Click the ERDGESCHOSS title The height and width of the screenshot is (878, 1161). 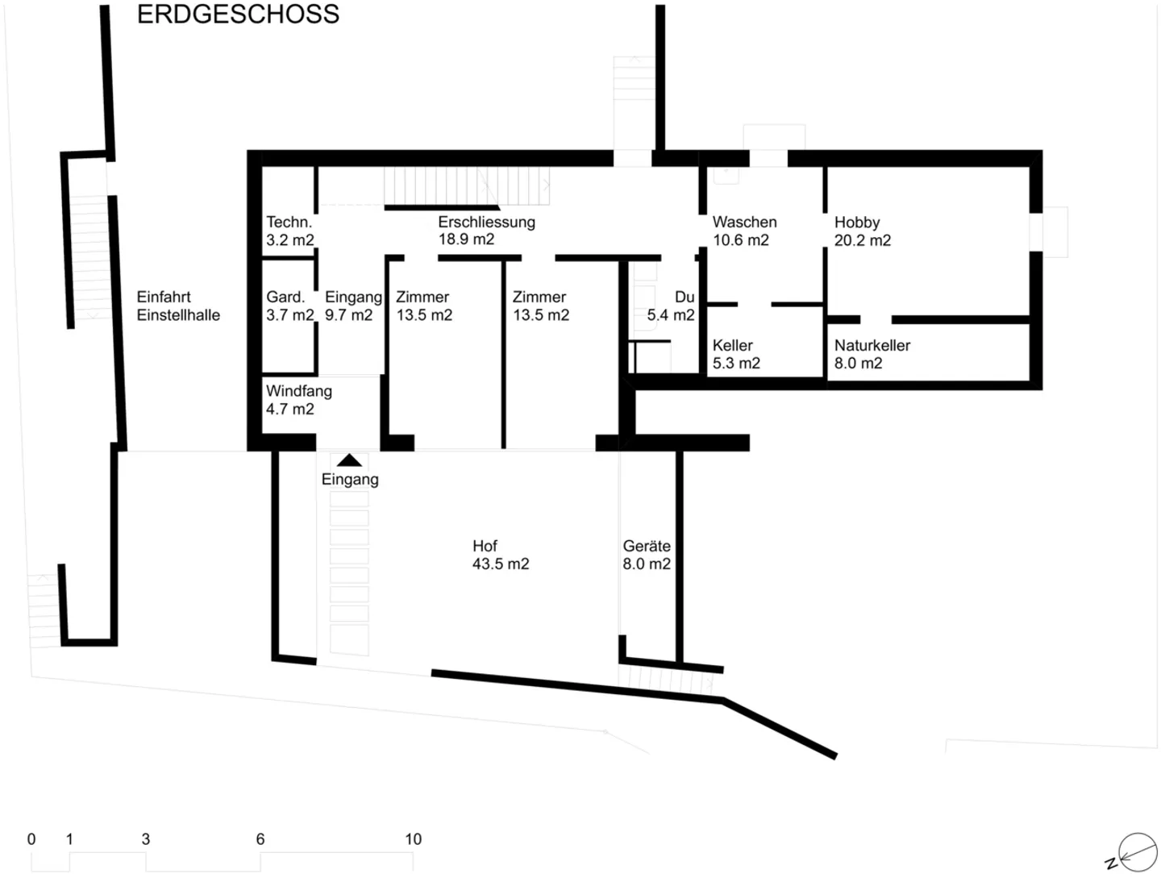click(x=238, y=15)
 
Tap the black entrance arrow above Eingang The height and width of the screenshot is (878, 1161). click(x=349, y=460)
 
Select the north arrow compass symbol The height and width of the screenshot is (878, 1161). click(x=1137, y=853)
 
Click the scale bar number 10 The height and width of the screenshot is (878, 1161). click(x=413, y=839)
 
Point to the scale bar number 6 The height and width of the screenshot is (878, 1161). click(x=260, y=839)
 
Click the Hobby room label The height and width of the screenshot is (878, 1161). click(x=857, y=223)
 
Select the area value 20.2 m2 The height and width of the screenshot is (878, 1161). click(x=862, y=240)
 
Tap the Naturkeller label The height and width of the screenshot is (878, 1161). click(x=872, y=346)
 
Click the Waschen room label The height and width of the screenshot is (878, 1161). click(x=744, y=223)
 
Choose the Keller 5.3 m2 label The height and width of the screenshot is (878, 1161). click(x=735, y=355)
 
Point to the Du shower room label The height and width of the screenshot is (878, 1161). click(x=685, y=298)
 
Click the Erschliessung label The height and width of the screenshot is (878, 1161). click(x=486, y=223)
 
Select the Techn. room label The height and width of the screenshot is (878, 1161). click(x=289, y=223)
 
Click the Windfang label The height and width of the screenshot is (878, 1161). click(x=298, y=392)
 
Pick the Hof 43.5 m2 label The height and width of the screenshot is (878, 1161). click(x=500, y=555)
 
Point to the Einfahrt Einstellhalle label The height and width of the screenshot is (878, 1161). click(x=178, y=306)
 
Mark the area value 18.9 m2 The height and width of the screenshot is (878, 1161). click(x=466, y=239)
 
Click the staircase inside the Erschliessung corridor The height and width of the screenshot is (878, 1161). click(x=465, y=186)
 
